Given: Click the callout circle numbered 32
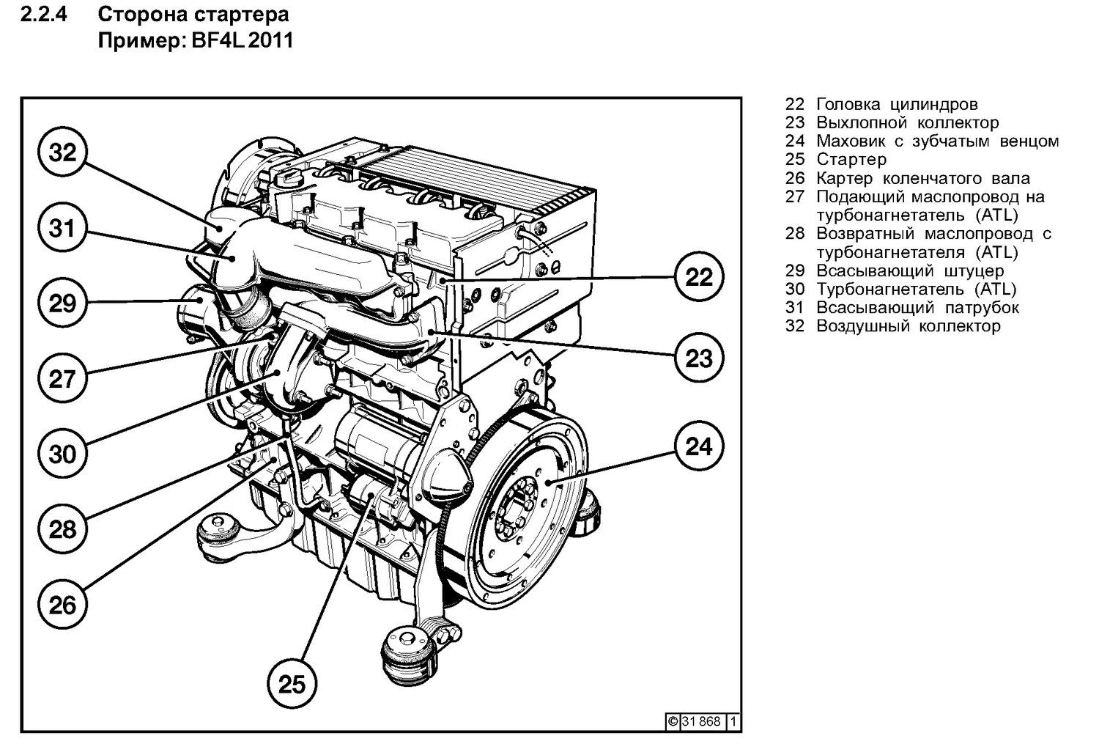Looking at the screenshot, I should [62, 152].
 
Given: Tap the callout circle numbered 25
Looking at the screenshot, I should [292, 683].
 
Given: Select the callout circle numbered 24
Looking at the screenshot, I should [698, 446].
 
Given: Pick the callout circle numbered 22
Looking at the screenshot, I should [698, 277].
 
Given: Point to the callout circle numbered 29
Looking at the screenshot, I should [62, 303].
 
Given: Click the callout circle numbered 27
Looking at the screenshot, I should [62, 379].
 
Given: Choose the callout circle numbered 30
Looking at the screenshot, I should [62, 454].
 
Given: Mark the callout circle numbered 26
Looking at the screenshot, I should [62, 605].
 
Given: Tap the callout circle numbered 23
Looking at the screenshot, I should [698, 358].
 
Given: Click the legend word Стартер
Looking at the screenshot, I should [851, 160].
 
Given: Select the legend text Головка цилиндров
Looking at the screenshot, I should [897, 105].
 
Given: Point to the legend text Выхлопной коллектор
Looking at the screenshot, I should [907, 123].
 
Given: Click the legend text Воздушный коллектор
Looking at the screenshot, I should [909, 326].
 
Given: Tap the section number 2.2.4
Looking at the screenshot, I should [44, 15].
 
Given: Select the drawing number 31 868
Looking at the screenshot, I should [702, 721].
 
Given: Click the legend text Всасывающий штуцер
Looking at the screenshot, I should [910, 271].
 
